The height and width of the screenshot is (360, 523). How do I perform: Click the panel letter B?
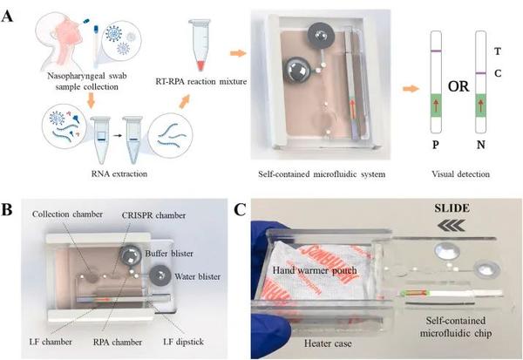click(8, 211)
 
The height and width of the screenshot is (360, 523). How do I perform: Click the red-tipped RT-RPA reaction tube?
click(200, 52)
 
